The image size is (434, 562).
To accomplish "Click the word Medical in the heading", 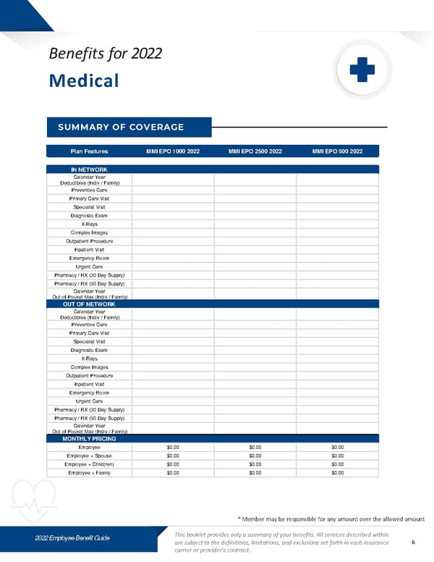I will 83,80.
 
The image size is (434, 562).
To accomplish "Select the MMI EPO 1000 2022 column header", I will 172,151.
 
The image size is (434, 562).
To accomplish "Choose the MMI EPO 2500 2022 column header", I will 255,151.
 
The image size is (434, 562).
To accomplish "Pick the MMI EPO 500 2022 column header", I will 337,151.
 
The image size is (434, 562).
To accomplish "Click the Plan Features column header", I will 89,151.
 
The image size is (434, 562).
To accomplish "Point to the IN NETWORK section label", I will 89,169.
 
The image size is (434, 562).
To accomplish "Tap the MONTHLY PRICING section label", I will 89,439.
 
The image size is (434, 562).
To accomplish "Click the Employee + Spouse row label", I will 89,456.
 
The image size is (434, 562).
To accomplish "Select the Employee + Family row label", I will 89,472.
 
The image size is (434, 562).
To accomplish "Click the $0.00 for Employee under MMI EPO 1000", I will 172,448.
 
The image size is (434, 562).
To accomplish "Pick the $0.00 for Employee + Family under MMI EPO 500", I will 337,472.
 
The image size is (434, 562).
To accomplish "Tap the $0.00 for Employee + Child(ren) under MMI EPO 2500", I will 255,464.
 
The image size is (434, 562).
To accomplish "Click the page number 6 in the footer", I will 412,542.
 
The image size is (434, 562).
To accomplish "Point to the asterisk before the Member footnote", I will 239,518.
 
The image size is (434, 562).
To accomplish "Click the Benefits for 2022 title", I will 104,53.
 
